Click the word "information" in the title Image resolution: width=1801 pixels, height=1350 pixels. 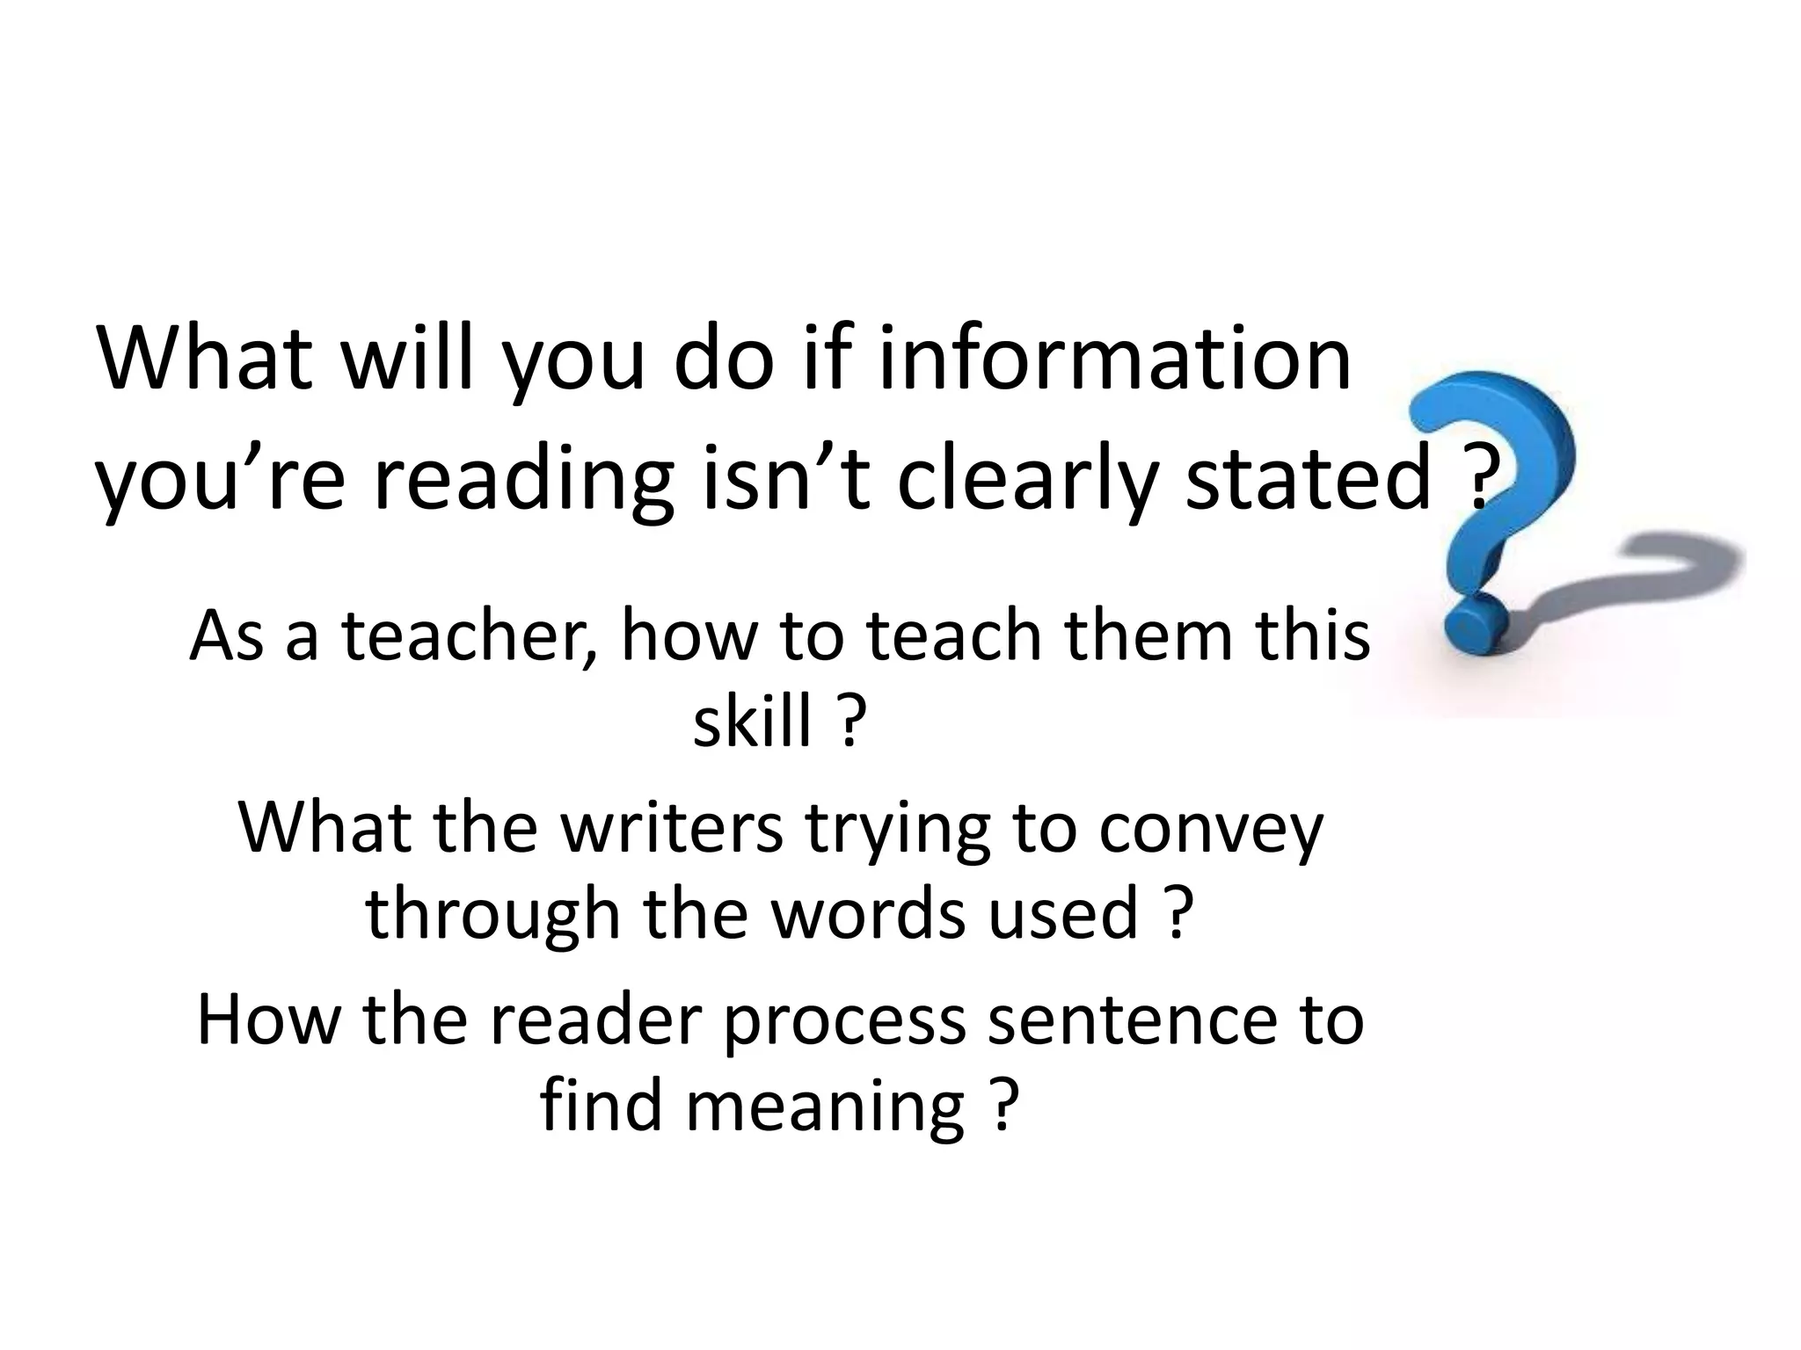click(x=1114, y=359)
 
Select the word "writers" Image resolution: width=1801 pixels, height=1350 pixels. click(x=671, y=828)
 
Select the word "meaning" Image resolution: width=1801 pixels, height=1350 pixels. click(x=825, y=1107)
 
